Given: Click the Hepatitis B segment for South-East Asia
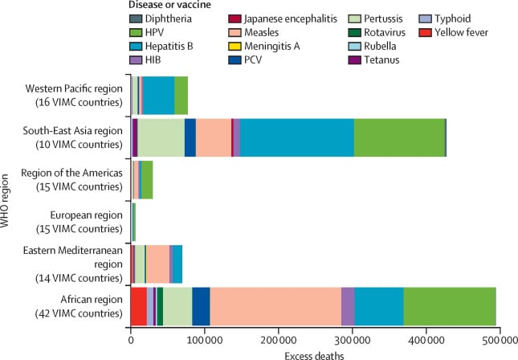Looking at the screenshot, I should pyautogui.click(x=297, y=132).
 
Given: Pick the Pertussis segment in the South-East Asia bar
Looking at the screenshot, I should pyautogui.click(x=161, y=132).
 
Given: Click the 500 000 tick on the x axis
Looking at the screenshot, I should pyautogui.click(x=500, y=340).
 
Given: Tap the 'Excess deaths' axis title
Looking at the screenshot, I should pyautogui.click(x=316, y=354).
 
